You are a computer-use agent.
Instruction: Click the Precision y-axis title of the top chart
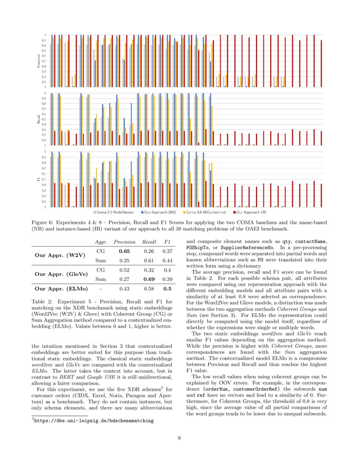pos(39,61)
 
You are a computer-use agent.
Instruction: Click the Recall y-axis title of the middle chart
pos(39,119)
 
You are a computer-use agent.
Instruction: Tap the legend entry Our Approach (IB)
pos(252,211)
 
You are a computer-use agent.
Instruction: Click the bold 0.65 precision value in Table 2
pos(123,251)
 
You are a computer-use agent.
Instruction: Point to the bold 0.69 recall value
pos(149,279)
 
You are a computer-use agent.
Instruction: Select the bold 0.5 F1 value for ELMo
pos(167,289)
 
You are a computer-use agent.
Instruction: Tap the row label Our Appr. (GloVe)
pos(61,274)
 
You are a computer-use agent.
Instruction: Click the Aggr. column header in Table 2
pos(100,242)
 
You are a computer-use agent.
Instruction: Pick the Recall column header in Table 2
pos(149,242)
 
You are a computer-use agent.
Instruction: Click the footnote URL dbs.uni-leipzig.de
pos(94,421)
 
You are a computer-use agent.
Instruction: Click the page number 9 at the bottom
pos(179,438)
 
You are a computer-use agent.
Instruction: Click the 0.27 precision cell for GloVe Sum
pos(123,279)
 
